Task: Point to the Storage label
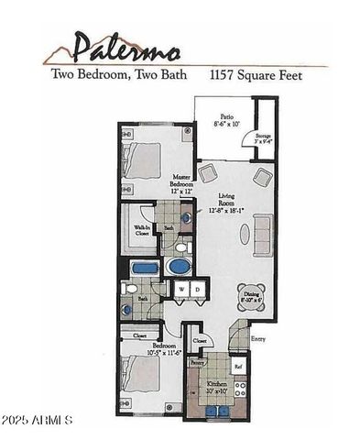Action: (x=267, y=137)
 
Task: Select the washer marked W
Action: (x=181, y=290)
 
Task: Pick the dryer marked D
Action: (x=197, y=290)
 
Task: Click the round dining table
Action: (x=249, y=293)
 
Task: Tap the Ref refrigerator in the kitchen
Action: (x=238, y=367)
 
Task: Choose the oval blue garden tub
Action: (x=178, y=267)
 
